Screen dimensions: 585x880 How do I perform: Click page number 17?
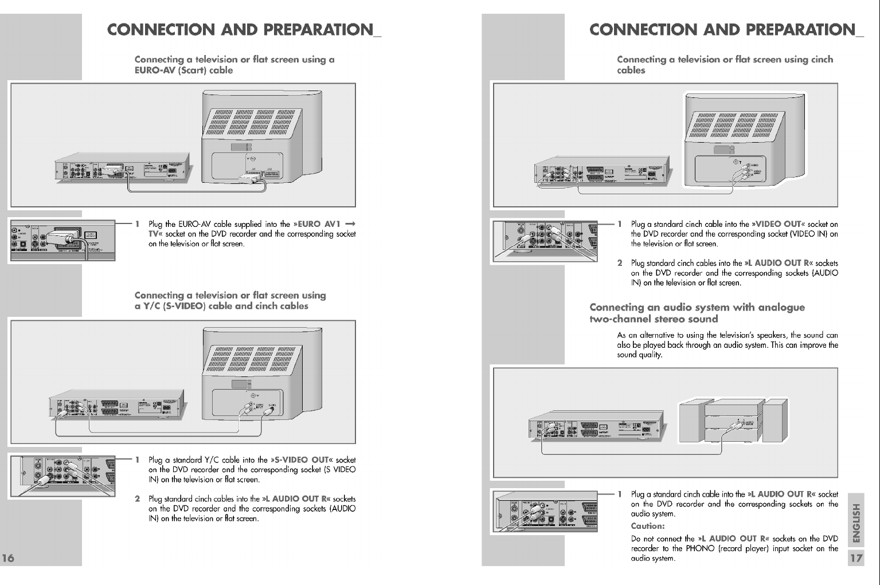point(856,558)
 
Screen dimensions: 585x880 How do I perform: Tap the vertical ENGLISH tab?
point(856,522)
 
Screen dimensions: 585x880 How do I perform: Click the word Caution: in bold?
point(647,526)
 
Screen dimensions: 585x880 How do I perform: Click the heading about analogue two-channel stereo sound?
point(697,313)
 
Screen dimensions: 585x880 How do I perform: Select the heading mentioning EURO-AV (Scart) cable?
point(234,65)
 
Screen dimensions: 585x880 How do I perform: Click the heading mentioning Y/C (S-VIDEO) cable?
point(230,301)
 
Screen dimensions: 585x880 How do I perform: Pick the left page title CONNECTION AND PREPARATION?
point(244,29)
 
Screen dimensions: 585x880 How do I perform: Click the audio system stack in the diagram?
point(733,421)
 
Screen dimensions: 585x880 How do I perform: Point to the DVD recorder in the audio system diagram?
point(596,427)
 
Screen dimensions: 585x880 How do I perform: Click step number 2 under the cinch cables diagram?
point(620,263)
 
